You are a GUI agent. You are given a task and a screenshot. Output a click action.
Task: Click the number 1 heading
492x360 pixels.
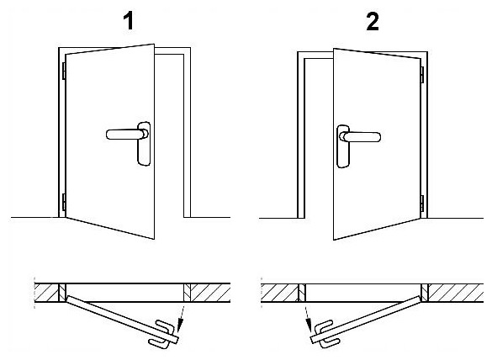pyautogui.click(x=129, y=22)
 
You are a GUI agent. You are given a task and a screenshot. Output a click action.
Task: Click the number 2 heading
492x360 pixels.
pyautogui.click(x=373, y=22)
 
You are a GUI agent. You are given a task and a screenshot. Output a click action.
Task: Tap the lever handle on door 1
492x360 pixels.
pyautogui.click(x=127, y=134)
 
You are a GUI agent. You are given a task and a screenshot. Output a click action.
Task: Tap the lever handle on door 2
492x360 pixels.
pyautogui.click(x=361, y=137)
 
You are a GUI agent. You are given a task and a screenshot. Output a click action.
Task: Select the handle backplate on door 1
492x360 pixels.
pyautogui.click(x=144, y=144)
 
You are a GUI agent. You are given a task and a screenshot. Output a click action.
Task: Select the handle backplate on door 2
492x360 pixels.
pyautogui.click(x=343, y=146)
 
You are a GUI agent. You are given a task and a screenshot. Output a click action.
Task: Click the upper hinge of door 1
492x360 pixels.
pyautogui.click(x=64, y=71)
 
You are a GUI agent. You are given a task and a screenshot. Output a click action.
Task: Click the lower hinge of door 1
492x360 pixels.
pyautogui.click(x=64, y=202)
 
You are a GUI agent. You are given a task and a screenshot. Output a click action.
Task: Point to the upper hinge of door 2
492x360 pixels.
pyautogui.click(x=422, y=75)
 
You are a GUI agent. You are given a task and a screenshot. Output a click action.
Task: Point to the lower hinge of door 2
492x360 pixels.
pyautogui.click(x=422, y=204)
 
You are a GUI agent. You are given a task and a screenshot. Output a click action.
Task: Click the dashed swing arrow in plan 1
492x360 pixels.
pyautogui.click(x=182, y=318)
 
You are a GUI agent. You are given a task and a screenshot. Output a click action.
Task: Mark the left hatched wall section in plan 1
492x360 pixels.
pyautogui.click(x=46, y=293)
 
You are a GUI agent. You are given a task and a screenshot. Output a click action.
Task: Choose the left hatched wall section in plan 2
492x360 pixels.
pyautogui.click(x=279, y=294)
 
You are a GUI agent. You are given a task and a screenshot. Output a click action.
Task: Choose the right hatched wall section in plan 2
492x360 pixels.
pyautogui.click(x=456, y=294)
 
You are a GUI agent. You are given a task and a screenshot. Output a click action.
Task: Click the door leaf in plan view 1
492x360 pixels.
pyautogui.click(x=123, y=319)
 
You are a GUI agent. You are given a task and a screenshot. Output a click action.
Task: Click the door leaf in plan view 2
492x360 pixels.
pyautogui.click(x=366, y=320)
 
